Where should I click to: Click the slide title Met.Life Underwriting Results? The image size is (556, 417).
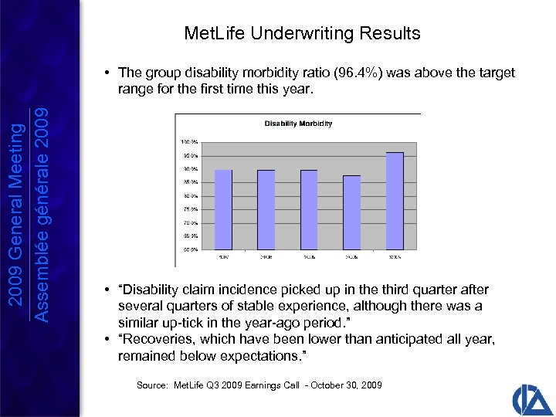click(302, 33)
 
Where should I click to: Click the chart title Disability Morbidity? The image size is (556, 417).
click(298, 124)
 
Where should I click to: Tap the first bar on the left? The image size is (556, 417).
click(223, 209)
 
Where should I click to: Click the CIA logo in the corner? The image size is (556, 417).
click(531, 396)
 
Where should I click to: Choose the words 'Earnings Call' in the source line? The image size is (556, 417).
click(263, 385)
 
